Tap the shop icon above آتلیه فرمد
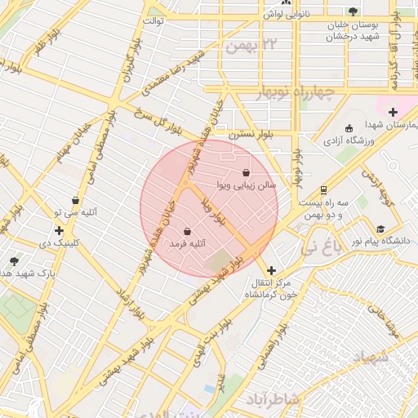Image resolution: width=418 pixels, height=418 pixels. point(189,231)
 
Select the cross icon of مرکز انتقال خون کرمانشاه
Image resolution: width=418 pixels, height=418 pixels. point(271,270)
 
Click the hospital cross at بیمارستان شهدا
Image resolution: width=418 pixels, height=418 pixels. point(393,112)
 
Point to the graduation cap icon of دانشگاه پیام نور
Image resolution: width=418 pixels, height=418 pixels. point(380,229)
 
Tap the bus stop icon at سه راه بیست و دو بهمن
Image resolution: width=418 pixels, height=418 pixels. point(324,189)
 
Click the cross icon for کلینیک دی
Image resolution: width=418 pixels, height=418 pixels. point(59,231)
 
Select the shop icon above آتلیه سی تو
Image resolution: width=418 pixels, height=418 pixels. point(75,200)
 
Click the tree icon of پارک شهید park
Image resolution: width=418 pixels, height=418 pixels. point(14,262)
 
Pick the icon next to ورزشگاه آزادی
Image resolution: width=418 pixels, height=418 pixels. point(349,128)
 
